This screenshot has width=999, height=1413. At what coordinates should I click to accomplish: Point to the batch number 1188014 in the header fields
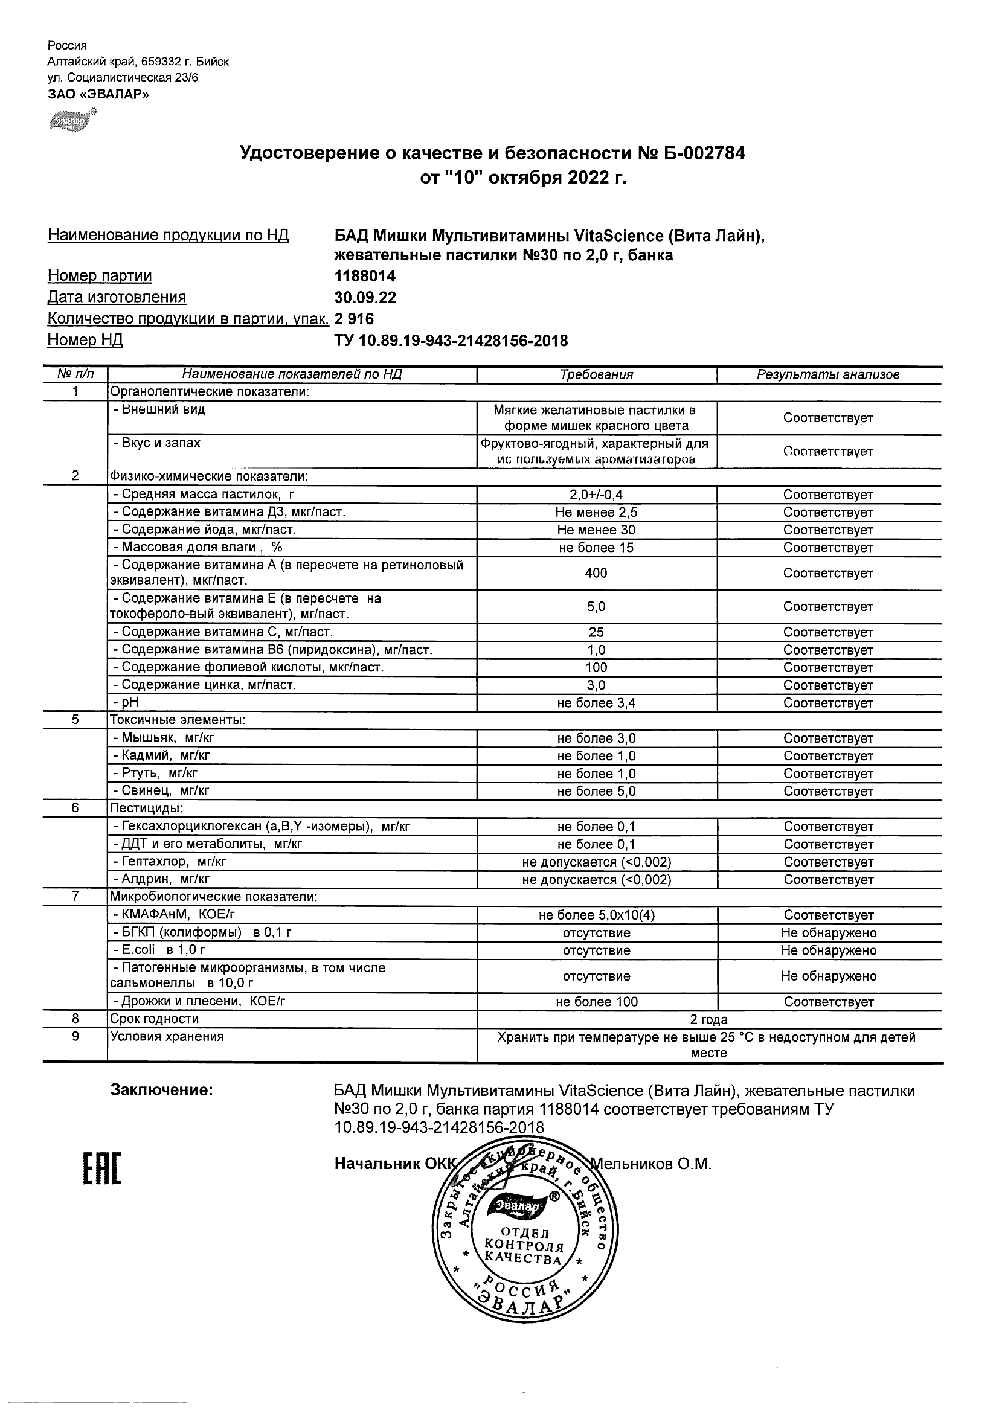[364, 277]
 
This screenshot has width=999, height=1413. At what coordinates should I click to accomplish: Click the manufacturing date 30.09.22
[365, 298]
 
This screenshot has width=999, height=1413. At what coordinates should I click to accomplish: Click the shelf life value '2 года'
[709, 1020]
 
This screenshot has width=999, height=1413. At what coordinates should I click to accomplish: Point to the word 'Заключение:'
[162, 1091]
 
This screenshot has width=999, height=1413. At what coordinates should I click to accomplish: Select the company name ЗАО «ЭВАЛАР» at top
[98, 94]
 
